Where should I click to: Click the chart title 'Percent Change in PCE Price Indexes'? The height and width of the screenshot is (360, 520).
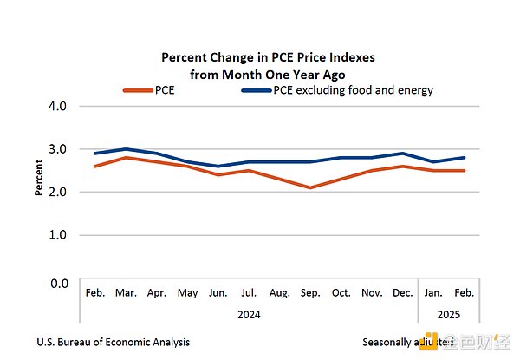pos(268,57)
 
